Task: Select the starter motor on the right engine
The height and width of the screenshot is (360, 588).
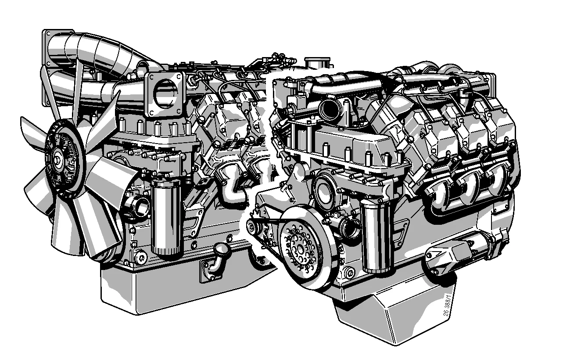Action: [465, 256]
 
